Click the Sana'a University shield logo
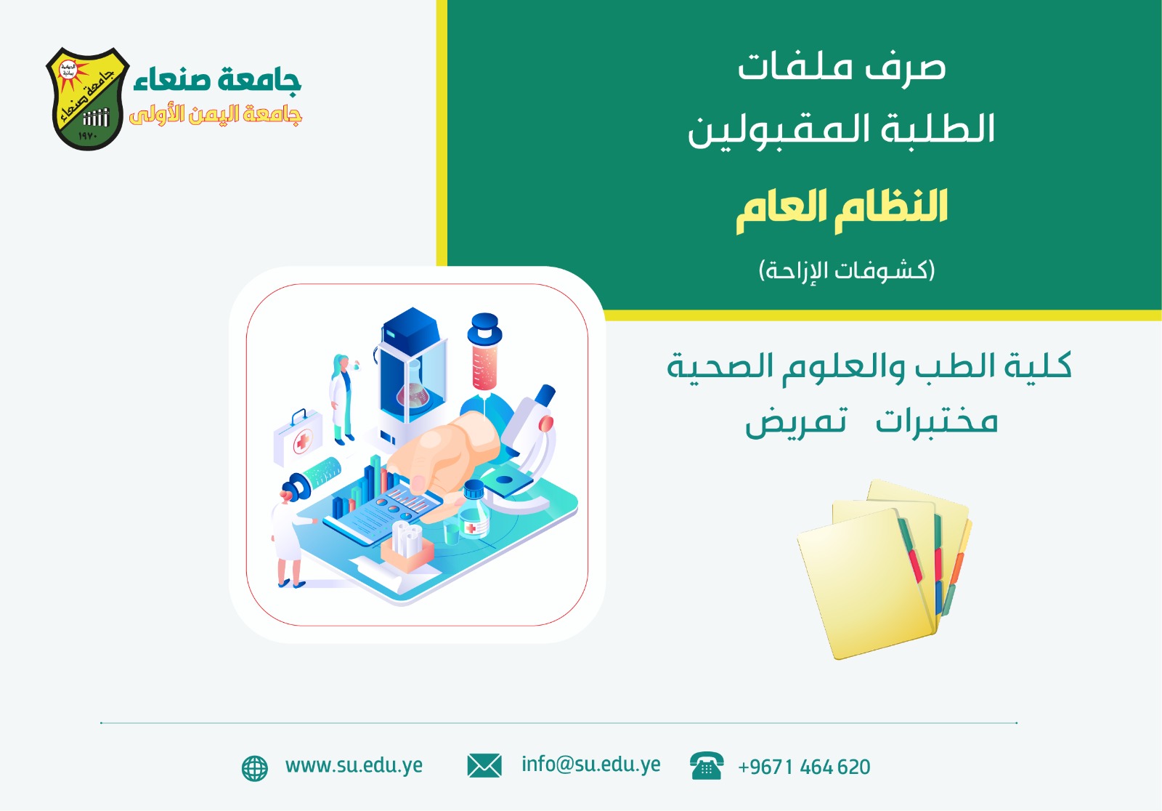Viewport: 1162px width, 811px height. pos(87,99)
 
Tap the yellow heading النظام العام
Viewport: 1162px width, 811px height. pos(842,209)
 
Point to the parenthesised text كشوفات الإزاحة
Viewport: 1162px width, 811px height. pos(847,270)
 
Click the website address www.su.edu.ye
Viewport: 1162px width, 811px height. pos(354,765)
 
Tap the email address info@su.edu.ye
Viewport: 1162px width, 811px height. pos(590,764)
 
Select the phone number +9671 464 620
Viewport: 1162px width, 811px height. pos(804,767)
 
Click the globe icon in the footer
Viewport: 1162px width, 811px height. pos(254,767)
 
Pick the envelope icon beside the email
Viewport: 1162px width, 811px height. pos(484,765)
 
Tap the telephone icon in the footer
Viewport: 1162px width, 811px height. pos(706,766)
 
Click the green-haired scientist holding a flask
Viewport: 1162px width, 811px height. pos(341,396)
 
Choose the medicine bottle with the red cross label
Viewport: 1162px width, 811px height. pos(474,512)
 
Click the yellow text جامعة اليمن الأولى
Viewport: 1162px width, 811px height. pos(216,115)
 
